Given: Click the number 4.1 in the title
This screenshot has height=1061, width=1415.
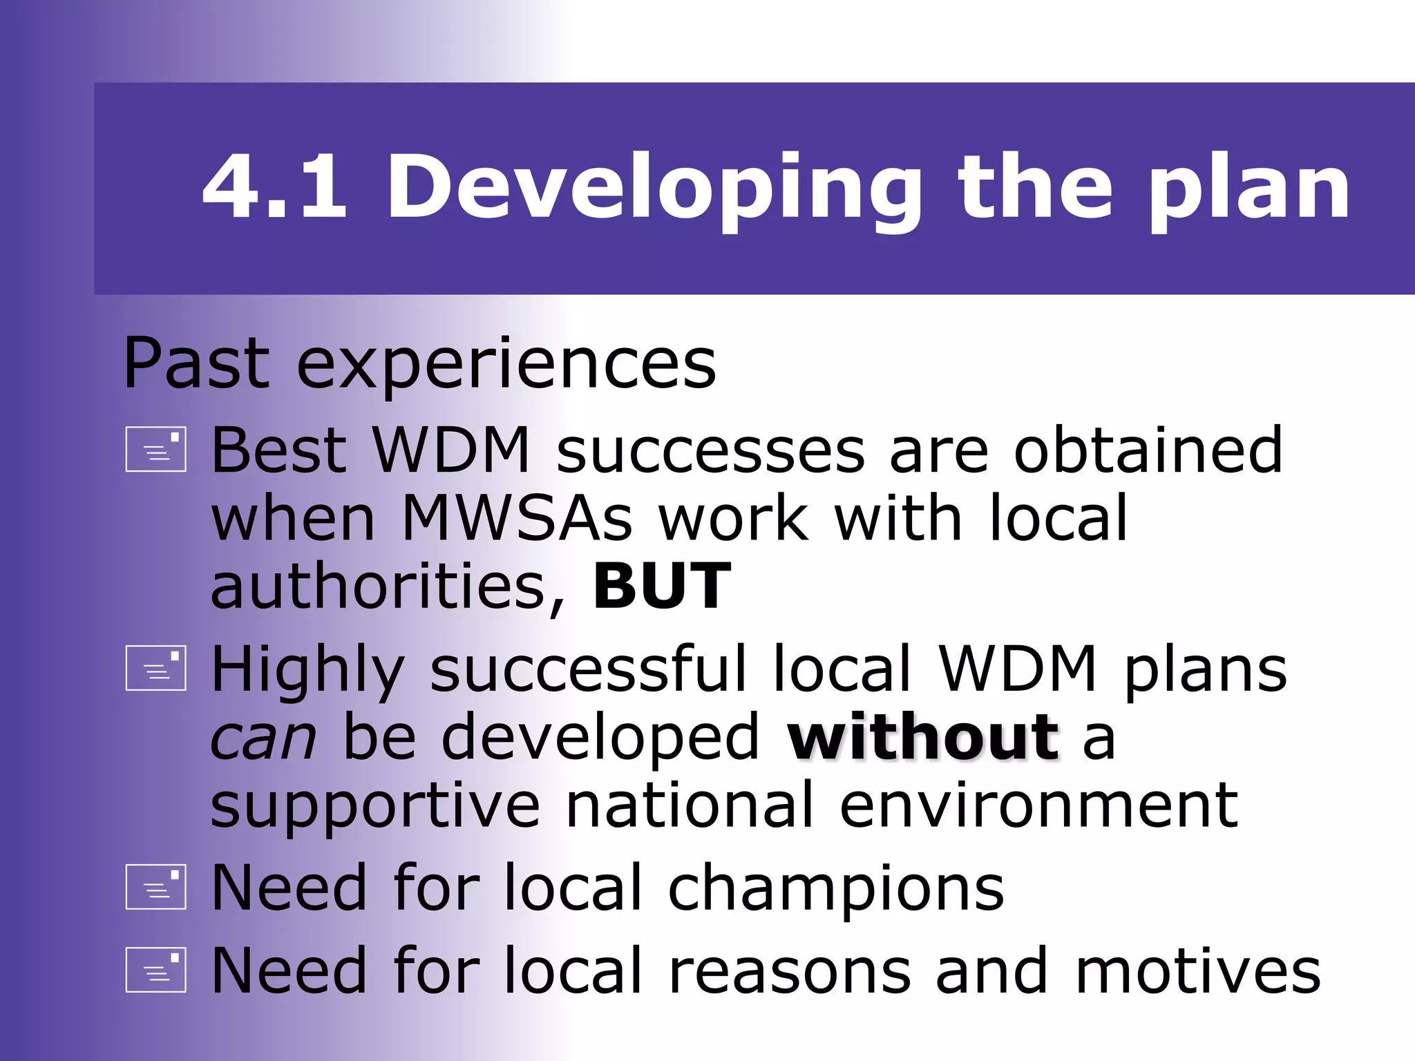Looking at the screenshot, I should tap(274, 188).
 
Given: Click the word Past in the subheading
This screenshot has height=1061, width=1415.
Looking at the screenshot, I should tap(196, 363).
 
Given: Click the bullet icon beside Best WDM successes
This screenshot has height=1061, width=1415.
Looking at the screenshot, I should tap(155, 450).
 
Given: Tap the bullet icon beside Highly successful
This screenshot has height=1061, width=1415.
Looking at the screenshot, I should tap(155, 668).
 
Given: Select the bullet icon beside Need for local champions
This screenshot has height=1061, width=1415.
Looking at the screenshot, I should tap(155, 887).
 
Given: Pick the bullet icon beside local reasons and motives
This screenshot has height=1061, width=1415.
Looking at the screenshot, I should tap(155, 969).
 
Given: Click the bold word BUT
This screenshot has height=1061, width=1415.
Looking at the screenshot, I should tap(662, 586).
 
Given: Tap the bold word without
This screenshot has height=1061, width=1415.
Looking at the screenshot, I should tap(923, 738).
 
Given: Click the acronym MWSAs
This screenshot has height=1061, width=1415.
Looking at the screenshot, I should tap(516, 519).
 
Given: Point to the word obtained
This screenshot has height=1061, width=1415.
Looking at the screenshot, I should tap(1148, 450).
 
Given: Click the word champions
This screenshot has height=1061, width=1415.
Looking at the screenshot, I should tap(835, 890).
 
